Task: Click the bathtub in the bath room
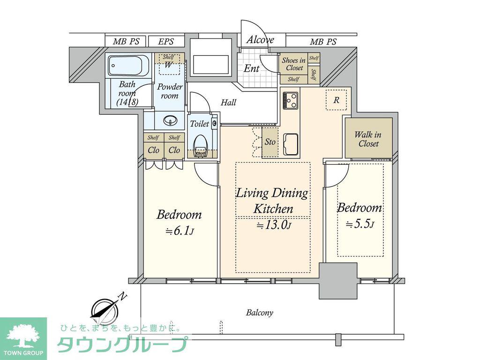[128, 66]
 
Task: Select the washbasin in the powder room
[169, 120]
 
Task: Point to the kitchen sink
[291, 144]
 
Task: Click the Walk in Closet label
[368, 139]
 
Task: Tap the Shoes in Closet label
[293, 64]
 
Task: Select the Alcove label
[260, 39]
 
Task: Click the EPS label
[166, 41]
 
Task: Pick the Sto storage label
[270, 142]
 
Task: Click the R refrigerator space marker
[336, 100]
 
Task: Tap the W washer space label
[168, 65]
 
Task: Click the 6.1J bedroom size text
[180, 231]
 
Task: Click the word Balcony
[260, 313]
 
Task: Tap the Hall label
[228, 102]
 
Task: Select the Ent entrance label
[251, 68]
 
